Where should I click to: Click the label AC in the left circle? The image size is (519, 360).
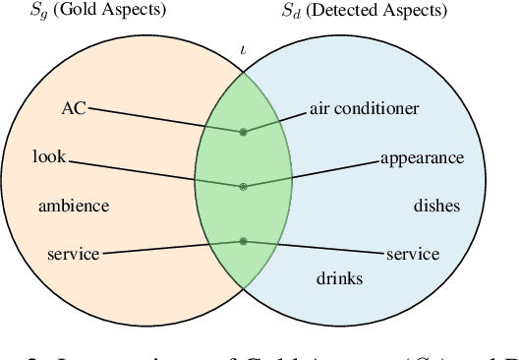tap(74, 107)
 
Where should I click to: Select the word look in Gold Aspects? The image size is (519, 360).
tap(48, 156)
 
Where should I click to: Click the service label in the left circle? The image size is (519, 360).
tap(73, 254)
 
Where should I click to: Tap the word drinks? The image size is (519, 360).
tap(339, 278)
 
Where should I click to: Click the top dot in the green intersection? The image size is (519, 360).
tap(244, 131)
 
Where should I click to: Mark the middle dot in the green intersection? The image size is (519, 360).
tap(244, 185)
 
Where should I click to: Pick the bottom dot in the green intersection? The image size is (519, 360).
tap(244, 241)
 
